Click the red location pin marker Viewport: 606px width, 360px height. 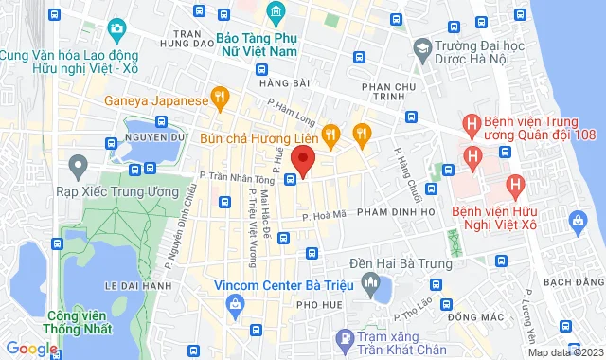point(303,159)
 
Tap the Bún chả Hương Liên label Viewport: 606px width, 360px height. point(258,137)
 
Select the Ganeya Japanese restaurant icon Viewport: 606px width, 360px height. point(220,96)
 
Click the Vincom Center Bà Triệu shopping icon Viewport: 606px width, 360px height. point(233,303)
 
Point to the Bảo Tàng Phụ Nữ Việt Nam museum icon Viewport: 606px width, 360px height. point(276,11)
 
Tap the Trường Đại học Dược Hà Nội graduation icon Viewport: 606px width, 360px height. point(420,45)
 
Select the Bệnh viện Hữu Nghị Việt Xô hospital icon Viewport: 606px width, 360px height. point(515,186)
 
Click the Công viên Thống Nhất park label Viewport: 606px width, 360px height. point(71,320)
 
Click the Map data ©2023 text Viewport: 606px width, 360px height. point(565,352)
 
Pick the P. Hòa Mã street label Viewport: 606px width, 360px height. point(322,217)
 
